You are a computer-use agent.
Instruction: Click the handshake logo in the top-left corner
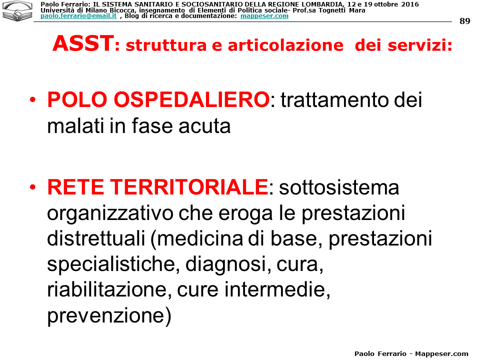coord(17,11)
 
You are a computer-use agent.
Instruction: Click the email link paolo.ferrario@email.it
coord(78,16)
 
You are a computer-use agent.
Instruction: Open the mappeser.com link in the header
coord(264,16)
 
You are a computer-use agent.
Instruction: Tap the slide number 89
coord(464,21)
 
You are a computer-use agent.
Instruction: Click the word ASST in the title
coord(83,43)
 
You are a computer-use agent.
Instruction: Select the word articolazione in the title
coord(285,45)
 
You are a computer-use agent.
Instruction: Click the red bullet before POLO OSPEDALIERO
coord(33,99)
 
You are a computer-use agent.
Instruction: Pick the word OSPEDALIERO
coord(191,99)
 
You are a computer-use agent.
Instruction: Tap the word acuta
coord(204,126)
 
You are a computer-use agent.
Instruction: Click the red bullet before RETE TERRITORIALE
coord(33,186)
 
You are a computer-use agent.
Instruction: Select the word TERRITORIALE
coord(189,186)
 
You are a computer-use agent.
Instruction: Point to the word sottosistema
coord(339,187)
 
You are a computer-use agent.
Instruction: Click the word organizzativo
coord(110,213)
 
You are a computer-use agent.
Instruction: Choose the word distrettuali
coord(96,238)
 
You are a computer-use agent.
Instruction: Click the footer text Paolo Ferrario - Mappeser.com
coord(411,353)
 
